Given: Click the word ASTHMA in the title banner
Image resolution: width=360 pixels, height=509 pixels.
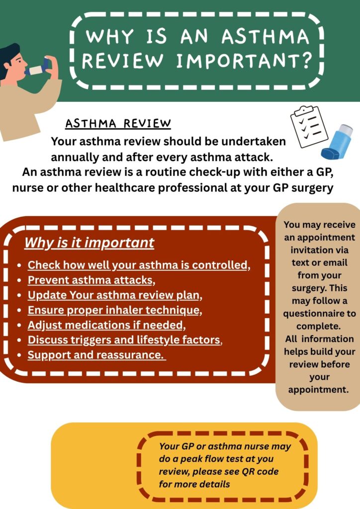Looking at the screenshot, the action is click(265, 36).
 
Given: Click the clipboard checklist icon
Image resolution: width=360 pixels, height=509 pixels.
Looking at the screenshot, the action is click(309, 126).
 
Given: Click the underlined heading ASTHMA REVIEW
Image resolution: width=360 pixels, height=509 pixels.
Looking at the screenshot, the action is click(118, 124).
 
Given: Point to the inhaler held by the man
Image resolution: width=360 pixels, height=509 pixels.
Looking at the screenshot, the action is click(38, 68).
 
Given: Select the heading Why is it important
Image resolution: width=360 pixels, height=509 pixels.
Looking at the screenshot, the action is click(90, 243).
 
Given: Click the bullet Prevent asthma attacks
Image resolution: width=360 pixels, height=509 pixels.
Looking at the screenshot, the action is click(91, 280).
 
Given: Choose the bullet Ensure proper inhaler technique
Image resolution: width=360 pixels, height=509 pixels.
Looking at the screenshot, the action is click(115, 310).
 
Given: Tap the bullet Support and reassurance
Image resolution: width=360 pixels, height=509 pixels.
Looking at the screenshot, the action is click(96, 355).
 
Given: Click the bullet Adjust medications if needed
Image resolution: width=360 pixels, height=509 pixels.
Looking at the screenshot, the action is click(106, 325).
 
